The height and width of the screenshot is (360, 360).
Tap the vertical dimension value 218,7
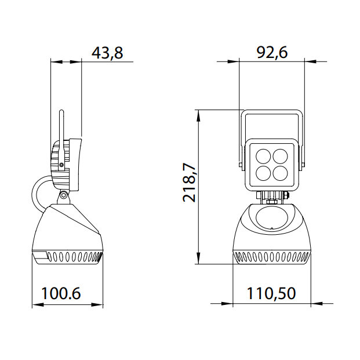(189, 183)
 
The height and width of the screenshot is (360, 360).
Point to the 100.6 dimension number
(60, 293)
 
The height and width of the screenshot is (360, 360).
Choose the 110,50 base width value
(271, 293)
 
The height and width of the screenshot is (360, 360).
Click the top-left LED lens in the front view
(263, 156)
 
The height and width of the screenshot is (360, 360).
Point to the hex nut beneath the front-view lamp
(272, 200)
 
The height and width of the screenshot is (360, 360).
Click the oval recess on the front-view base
(272, 220)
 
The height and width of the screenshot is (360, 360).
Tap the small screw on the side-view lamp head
(61, 165)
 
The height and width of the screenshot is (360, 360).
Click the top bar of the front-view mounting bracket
(271, 113)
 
